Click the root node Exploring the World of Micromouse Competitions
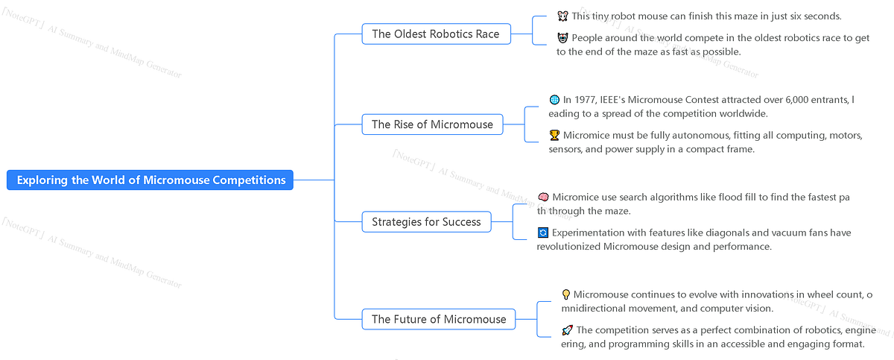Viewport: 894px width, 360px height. click(150, 180)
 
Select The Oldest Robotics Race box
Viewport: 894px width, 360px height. click(437, 34)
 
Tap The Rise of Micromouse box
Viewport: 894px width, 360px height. click(432, 124)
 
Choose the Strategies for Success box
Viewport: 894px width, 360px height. click(426, 222)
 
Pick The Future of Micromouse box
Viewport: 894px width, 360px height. click(439, 319)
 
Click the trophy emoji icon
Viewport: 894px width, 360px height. click(554, 136)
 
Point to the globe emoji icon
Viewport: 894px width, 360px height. click(554, 100)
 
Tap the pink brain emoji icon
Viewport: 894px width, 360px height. click(543, 198)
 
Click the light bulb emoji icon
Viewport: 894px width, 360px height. click(566, 294)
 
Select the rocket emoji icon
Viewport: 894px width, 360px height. click(567, 330)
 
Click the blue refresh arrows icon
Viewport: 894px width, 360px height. click(543, 233)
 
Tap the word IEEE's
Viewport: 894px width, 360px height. click(612, 100)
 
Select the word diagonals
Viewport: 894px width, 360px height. click(726, 233)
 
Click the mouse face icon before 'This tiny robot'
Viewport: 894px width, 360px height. click(562, 16)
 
